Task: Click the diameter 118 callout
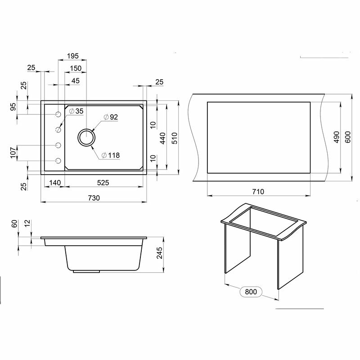point(111,155)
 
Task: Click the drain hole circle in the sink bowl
point(87,137)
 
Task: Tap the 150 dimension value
point(75,68)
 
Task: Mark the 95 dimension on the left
point(13,107)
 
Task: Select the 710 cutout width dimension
point(258,191)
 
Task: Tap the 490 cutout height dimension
point(336,137)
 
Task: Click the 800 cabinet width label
point(251,292)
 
